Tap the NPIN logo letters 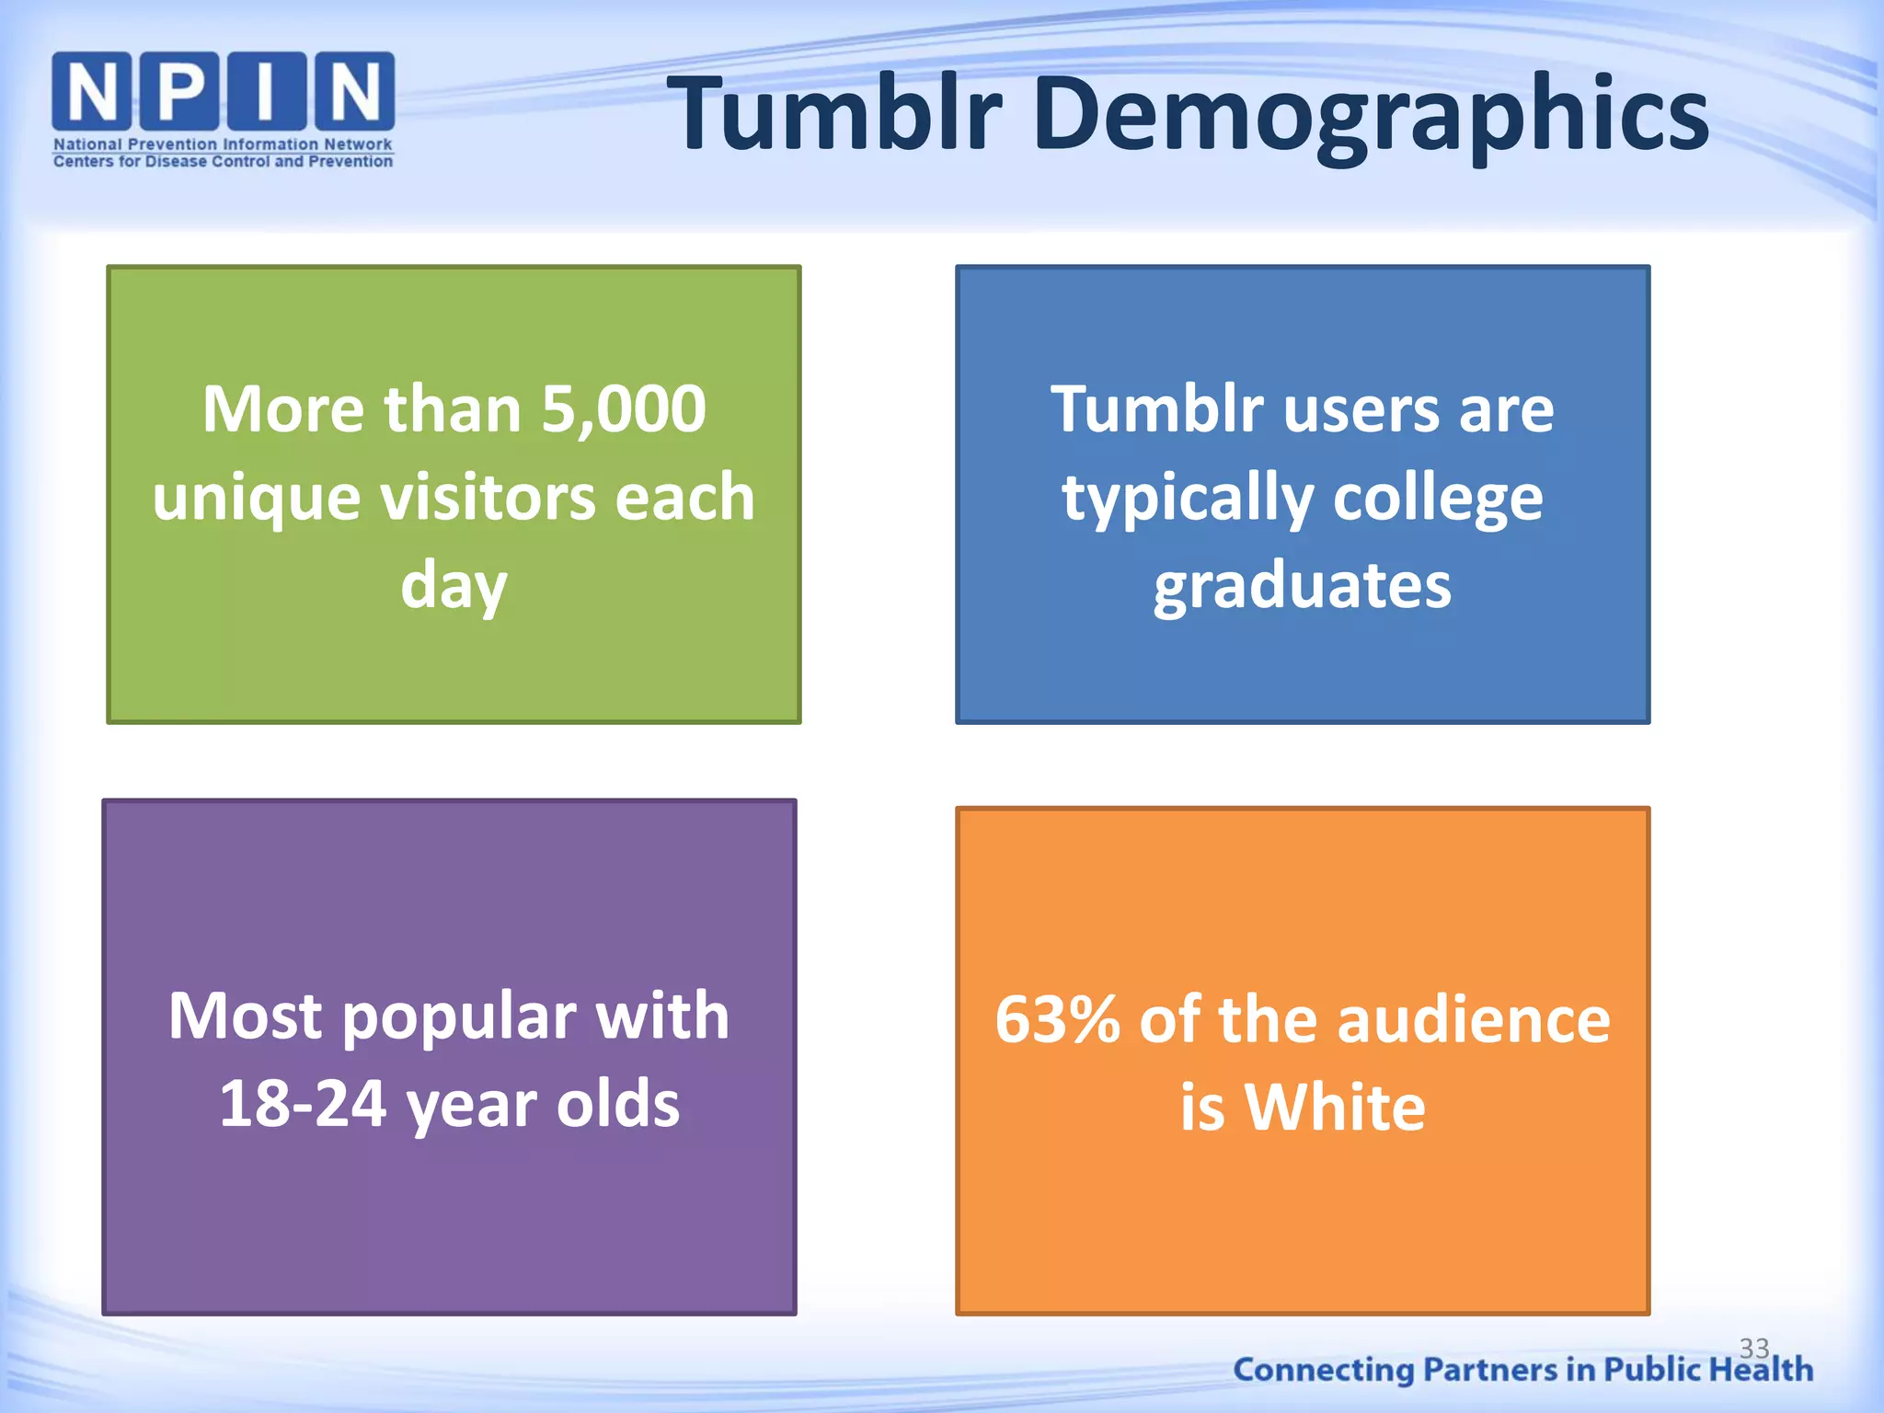click(224, 91)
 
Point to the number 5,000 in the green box click(623, 408)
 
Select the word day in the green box click(454, 587)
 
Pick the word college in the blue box click(1437, 498)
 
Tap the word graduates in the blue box click(1303, 585)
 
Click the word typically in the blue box click(1187, 498)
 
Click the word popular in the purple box click(458, 1017)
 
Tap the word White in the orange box click(1334, 1107)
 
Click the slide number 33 click(1754, 1348)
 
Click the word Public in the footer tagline click(1652, 1370)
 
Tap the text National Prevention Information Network click(223, 144)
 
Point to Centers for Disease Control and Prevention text click(223, 162)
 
